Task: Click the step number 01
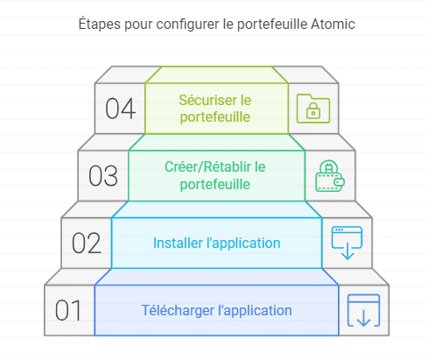[x=68, y=310]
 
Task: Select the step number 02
[x=87, y=243]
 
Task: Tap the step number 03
[x=103, y=176]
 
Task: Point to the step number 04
[x=120, y=109]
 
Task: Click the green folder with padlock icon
[x=313, y=109]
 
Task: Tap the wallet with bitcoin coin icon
[x=330, y=176]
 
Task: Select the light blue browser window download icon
[x=347, y=243]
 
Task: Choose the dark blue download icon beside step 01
[x=363, y=310]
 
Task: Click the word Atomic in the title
[x=333, y=24]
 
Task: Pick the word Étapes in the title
[x=100, y=24]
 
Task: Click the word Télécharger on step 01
[x=178, y=310]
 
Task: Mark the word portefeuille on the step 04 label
[x=215, y=117]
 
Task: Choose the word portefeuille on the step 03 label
[x=215, y=185]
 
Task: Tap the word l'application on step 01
[x=255, y=311]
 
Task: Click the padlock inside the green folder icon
[x=313, y=110]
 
